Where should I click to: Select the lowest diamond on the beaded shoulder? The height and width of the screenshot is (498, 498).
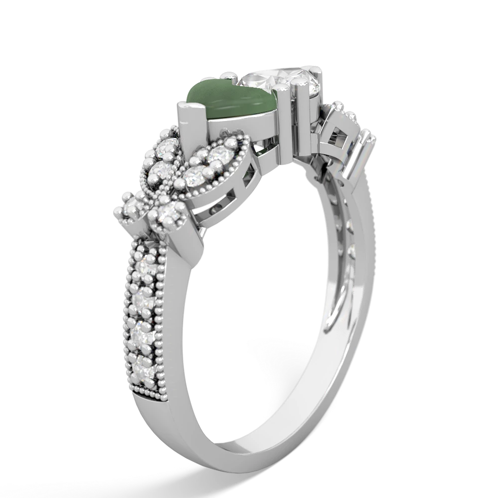click(x=142, y=369)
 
